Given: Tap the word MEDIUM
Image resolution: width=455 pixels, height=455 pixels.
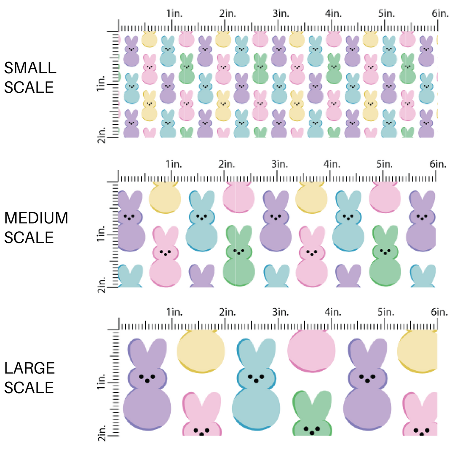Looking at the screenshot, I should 36,218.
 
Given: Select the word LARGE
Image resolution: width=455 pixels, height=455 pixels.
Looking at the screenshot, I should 29,368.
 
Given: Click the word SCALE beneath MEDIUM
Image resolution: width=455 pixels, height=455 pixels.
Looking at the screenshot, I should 29,238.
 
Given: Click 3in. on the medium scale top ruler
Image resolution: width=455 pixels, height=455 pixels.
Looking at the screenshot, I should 280,163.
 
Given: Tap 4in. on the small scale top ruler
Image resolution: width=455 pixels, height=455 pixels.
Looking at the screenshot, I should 333,13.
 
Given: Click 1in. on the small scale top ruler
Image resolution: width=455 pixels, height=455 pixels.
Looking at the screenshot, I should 174,13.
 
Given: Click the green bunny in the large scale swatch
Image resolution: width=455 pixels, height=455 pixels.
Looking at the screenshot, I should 312,415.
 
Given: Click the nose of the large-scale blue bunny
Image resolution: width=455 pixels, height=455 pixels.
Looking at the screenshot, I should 257,380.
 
